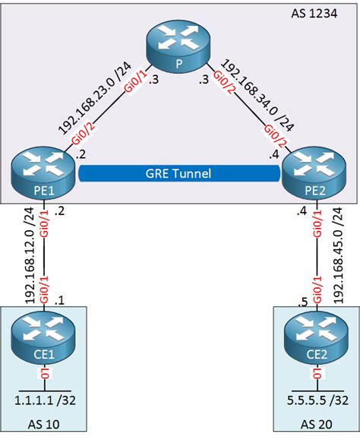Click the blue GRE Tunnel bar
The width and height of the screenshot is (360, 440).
(179, 173)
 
